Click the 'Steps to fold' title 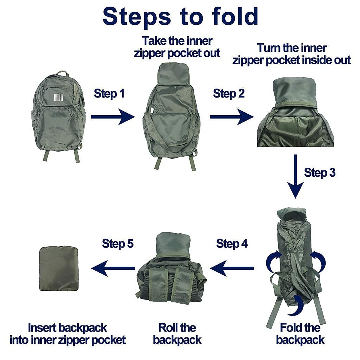tap(180, 16)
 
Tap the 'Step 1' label tap(109, 94)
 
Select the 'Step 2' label tap(229, 94)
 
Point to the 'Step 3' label tap(319, 173)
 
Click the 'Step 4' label tap(232, 244)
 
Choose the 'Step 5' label tap(118, 243)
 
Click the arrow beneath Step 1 tap(112, 117)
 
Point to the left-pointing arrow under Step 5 tap(113, 268)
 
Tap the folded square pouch tap(59, 268)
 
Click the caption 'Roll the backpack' tap(177, 334)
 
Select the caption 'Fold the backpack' tap(300, 334)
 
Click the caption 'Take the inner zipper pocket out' tap(177, 47)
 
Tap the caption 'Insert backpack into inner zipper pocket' tap(67, 334)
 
